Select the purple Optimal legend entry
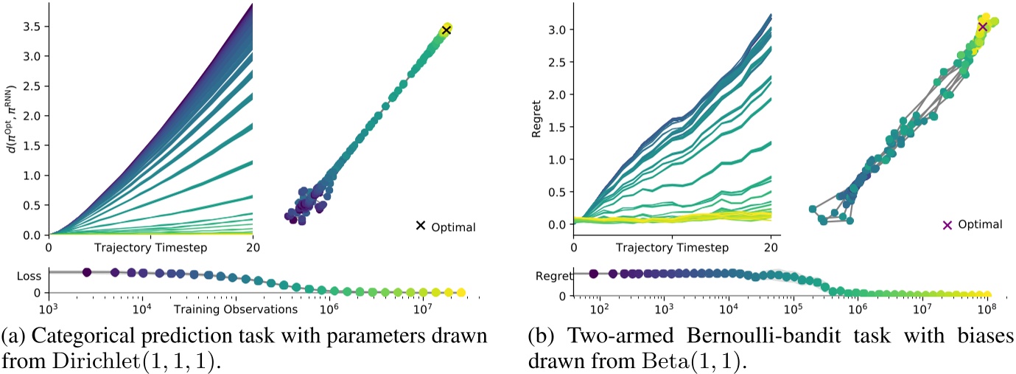click(978, 224)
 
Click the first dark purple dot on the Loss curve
click(86, 272)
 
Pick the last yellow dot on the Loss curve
click(461, 293)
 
